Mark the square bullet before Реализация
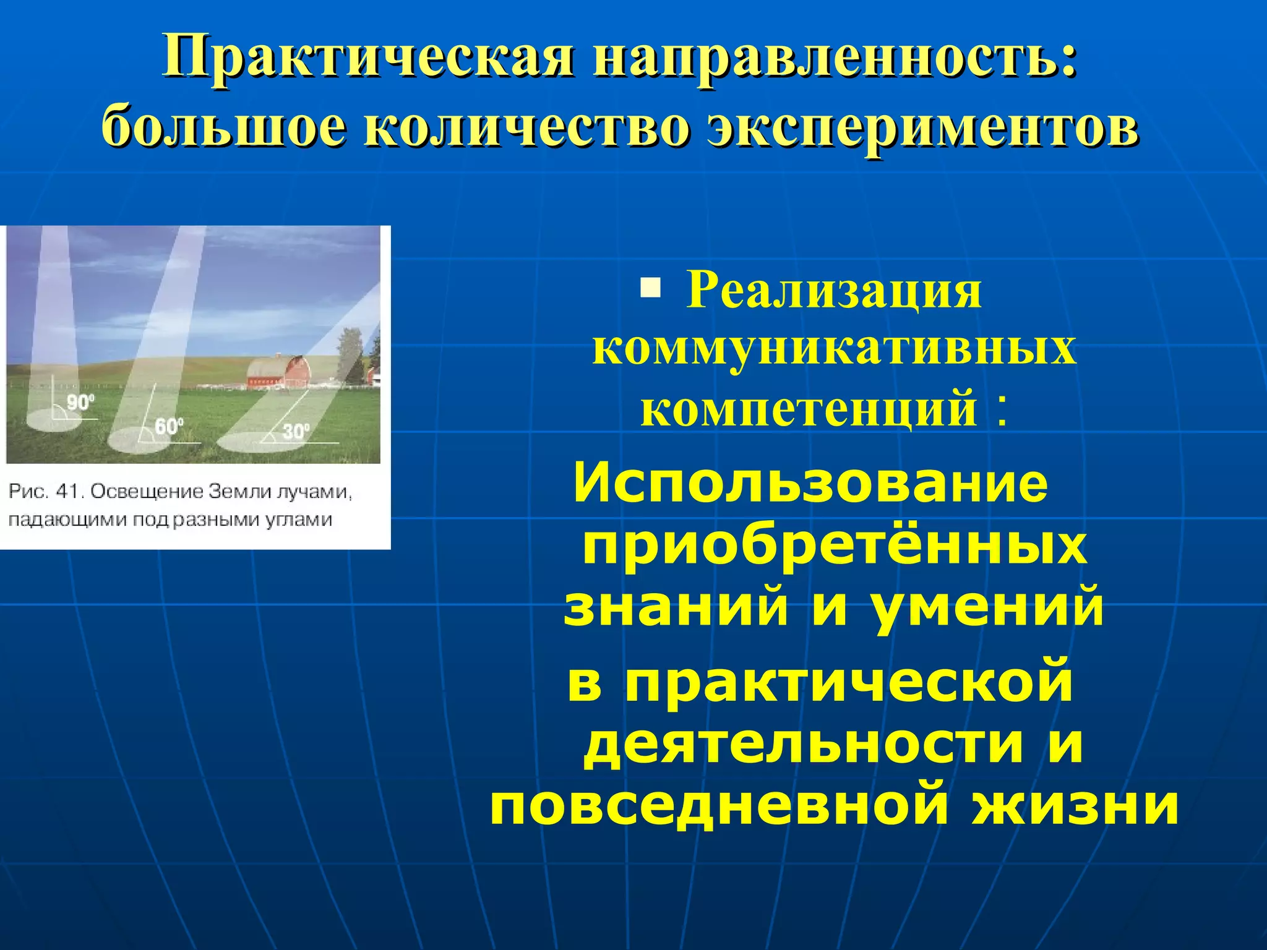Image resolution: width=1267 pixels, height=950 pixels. click(650, 288)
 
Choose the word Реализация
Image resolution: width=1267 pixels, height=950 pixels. click(834, 291)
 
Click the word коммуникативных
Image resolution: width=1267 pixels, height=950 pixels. click(834, 348)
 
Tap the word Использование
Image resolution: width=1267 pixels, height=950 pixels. click(810, 484)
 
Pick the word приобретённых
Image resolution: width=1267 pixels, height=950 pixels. click(834, 547)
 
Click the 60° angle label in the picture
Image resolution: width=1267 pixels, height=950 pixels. click(168, 427)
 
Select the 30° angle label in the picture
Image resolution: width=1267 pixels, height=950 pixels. click(296, 431)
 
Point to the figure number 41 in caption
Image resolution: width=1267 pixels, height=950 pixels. click(69, 492)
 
